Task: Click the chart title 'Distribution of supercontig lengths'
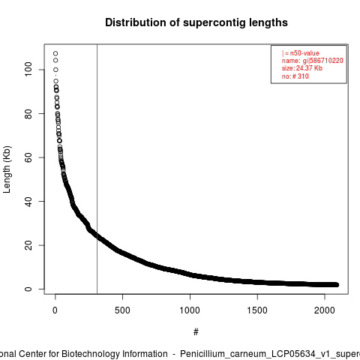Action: pyautogui.click(x=196, y=22)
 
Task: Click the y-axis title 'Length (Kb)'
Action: pyautogui.click(x=7, y=169)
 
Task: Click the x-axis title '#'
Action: pyautogui.click(x=196, y=332)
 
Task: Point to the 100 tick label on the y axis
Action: pyautogui.click(x=28, y=70)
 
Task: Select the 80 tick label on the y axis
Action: pyautogui.click(x=28, y=113)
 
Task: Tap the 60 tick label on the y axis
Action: pyautogui.click(x=28, y=157)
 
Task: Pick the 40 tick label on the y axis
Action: pyautogui.click(x=28, y=201)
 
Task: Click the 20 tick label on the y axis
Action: pyautogui.click(x=28, y=245)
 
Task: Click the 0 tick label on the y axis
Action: pyautogui.click(x=28, y=289)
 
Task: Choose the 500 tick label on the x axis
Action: pyautogui.click(x=122, y=310)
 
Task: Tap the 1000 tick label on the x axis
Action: pyautogui.click(x=190, y=310)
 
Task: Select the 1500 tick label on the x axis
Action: pyautogui.click(x=257, y=310)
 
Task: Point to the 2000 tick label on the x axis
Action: pyautogui.click(x=325, y=310)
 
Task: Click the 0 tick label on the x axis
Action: pyautogui.click(x=55, y=310)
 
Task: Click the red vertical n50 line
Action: pyautogui.click(x=97, y=169)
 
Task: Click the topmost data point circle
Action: pyautogui.click(x=55, y=53)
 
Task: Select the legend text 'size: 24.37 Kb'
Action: pyautogui.click(x=302, y=68)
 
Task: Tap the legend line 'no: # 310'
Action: pyautogui.click(x=295, y=76)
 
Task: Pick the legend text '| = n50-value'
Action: pyautogui.click(x=301, y=53)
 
